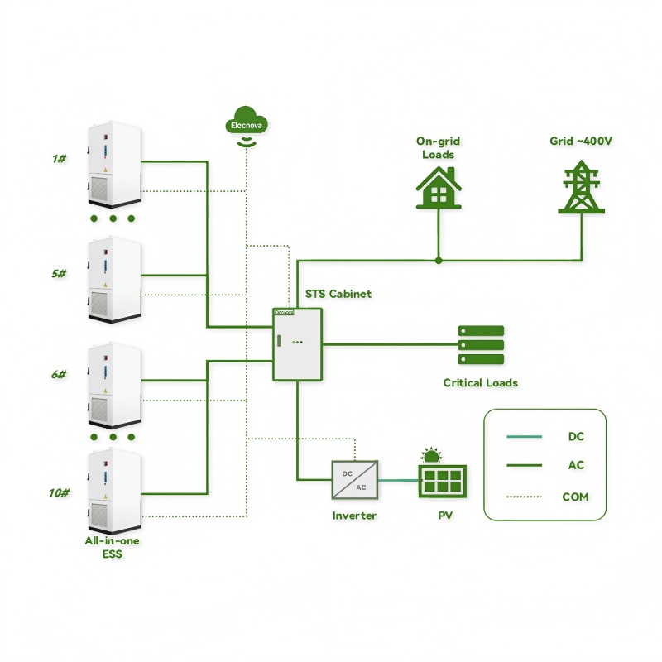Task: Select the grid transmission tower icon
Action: click(581, 188)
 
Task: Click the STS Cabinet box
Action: click(296, 343)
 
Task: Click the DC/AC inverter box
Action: click(355, 479)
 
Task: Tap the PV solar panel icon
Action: click(442, 477)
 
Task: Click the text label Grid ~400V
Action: click(581, 141)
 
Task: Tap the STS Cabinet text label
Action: click(338, 294)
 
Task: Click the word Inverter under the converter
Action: click(354, 516)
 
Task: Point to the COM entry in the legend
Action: click(575, 496)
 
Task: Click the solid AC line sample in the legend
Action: click(524, 466)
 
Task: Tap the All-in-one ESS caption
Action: click(112, 547)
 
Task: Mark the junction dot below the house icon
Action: click(439, 261)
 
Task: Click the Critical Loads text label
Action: click(481, 382)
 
